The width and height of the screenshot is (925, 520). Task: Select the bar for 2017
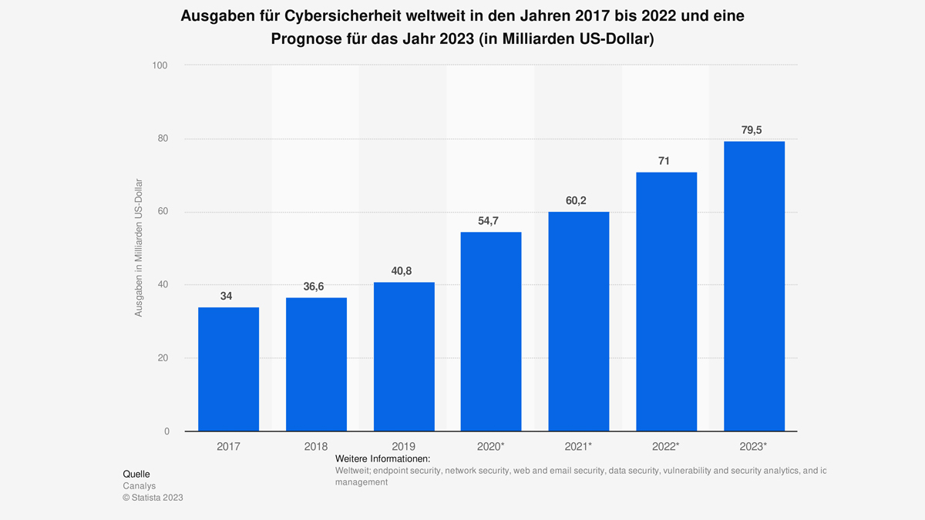(x=228, y=369)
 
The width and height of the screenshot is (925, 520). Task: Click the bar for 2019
(x=404, y=357)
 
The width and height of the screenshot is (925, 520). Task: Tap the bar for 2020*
(x=491, y=331)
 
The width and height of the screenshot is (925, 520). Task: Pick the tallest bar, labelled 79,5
(x=754, y=286)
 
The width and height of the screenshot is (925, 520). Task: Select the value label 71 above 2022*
(x=664, y=161)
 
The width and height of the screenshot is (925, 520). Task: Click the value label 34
(x=226, y=296)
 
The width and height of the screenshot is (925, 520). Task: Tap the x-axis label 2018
(x=316, y=447)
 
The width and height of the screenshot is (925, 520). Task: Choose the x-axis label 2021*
(x=579, y=447)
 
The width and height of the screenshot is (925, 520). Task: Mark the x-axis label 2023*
(x=754, y=447)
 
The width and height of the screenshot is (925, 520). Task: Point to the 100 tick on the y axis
(x=160, y=65)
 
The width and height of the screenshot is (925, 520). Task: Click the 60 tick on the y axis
(x=163, y=212)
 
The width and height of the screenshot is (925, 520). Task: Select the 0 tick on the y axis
(x=166, y=431)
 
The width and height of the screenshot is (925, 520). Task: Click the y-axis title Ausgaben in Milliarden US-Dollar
(x=139, y=248)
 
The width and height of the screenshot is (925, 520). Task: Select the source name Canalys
(x=139, y=486)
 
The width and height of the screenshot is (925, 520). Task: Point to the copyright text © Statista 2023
(x=153, y=498)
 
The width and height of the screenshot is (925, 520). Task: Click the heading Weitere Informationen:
(x=382, y=459)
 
